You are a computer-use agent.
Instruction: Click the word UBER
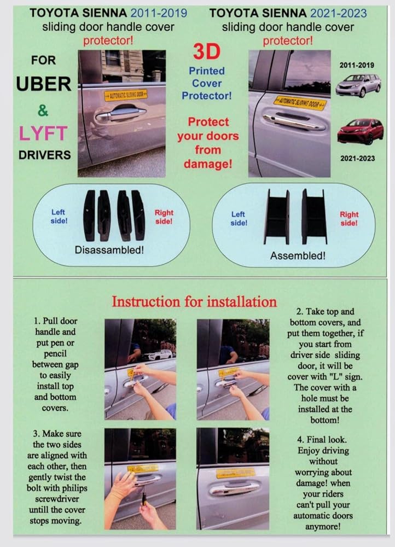pos(43,84)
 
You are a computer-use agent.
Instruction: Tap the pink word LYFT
pos(43,133)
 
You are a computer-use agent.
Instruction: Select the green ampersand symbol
pos(43,110)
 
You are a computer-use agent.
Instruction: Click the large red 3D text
pos(207,51)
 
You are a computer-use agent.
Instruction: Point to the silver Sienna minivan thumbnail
pos(358,85)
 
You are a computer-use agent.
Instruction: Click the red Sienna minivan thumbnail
pos(360,131)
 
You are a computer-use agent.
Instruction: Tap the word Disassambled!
pos(109,250)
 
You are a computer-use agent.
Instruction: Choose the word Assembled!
pos(298,255)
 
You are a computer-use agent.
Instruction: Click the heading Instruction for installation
pos(194,302)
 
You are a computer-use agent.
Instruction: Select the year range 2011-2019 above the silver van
pos(357,65)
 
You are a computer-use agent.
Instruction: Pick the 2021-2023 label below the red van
pos(358,159)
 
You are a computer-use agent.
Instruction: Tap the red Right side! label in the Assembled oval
pos(349,219)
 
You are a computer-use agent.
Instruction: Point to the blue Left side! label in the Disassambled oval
pos(59,216)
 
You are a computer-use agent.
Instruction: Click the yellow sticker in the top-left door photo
pos(125,95)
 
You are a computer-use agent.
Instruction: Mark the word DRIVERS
pos(45,155)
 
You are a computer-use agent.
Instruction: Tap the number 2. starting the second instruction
pos(299,312)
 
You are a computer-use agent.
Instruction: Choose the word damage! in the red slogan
pos(208,164)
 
